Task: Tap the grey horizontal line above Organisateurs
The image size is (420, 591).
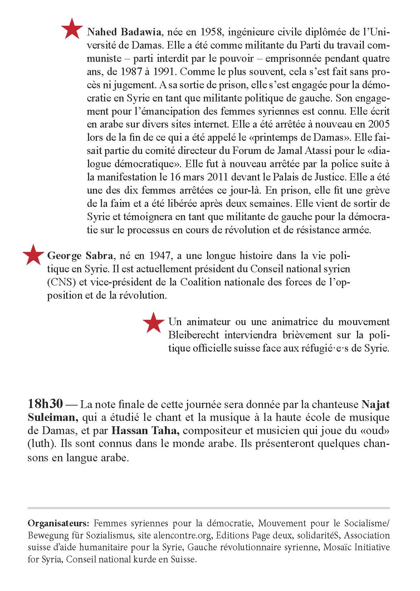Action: click(x=209, y=507)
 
